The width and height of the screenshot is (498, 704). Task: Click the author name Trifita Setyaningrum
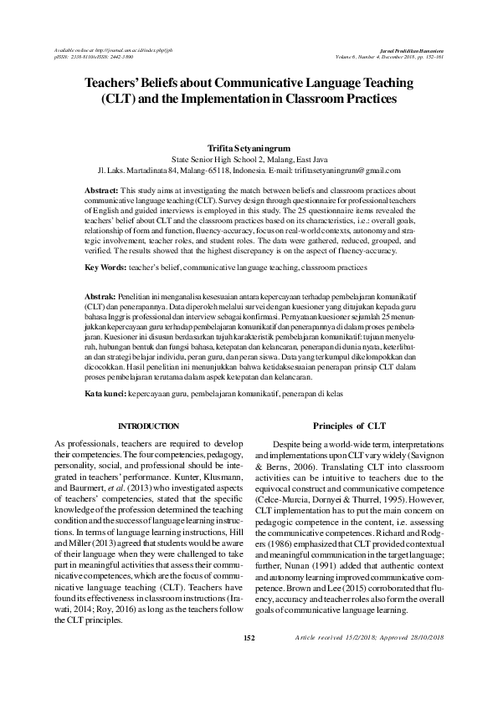click(x=248, y=146)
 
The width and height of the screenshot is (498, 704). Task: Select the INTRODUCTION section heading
click(x=148, y=426)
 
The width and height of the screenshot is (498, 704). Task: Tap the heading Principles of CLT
click(x=348, y=425)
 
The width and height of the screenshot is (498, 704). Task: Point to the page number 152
click(x=248, y=661)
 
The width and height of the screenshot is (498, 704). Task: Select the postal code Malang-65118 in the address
click(x=203, y=169)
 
